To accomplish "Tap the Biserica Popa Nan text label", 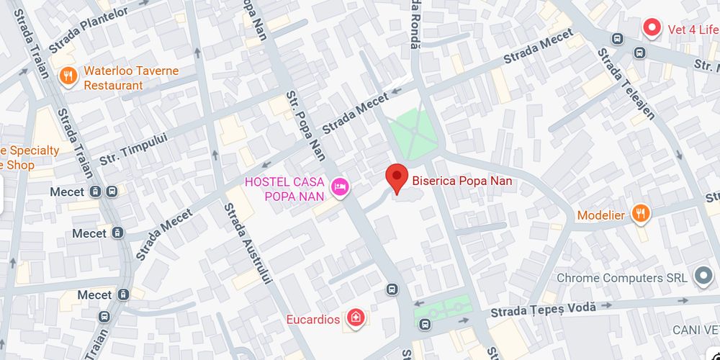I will [462, 181].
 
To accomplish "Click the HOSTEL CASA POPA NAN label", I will [284, 189].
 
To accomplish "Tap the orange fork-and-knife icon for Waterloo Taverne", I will [68, 76].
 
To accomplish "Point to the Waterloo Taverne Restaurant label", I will [130, 78].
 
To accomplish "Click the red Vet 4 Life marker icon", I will [652, 30].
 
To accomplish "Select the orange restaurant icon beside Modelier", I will [640, 213].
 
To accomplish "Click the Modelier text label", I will [600, 215].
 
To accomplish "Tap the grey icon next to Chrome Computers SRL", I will [702, 276].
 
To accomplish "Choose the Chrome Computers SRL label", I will [620, 278].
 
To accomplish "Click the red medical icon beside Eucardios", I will [354, 317].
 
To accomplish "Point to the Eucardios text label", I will [313, 319].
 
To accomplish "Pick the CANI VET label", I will [696, 329].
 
